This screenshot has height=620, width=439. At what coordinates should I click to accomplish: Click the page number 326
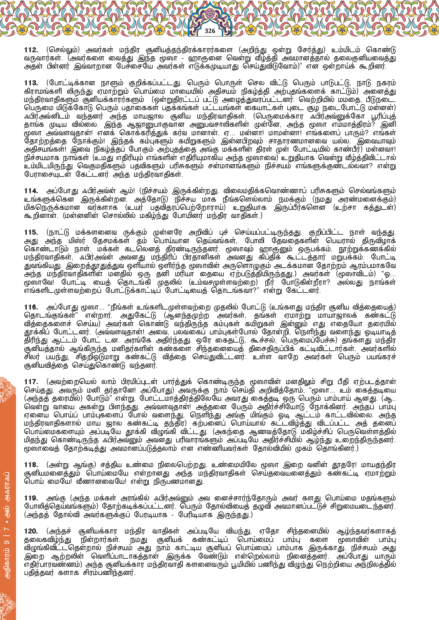pos(210,31)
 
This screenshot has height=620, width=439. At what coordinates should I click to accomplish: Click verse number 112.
pos(31,50)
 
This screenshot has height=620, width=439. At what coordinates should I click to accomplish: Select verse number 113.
pos(31,83)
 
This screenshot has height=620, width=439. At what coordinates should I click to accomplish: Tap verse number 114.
pos(31,191)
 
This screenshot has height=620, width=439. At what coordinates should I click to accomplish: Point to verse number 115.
pos(31,232)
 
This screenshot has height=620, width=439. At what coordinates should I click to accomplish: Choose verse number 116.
pos(31,307)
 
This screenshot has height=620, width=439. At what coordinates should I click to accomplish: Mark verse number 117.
pos(31,382)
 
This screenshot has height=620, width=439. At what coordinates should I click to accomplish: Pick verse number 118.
pos(31,465)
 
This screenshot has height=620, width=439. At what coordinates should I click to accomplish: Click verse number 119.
pos(31,498)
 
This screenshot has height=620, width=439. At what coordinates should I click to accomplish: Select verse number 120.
pos(31,531)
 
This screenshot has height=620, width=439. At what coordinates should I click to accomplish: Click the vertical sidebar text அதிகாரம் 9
pos(8,554)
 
